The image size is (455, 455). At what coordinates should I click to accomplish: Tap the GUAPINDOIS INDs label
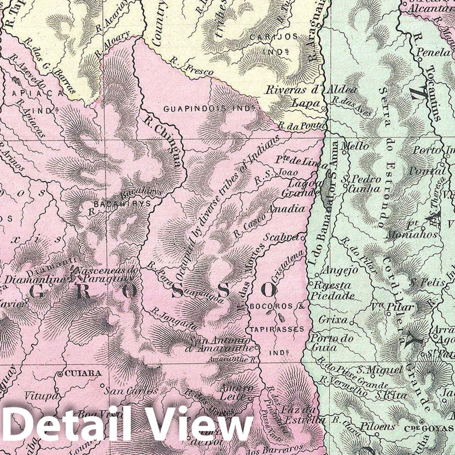pyautogui.click(x=209, y=108)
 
